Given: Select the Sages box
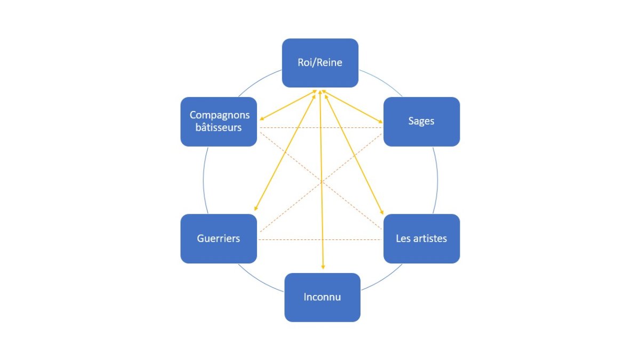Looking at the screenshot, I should (421, 122).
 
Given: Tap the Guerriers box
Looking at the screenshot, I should (219, 238).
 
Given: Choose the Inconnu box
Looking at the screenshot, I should (322, 297).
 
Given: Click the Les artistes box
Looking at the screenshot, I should (421, 238).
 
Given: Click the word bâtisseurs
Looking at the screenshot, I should (218, 128).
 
